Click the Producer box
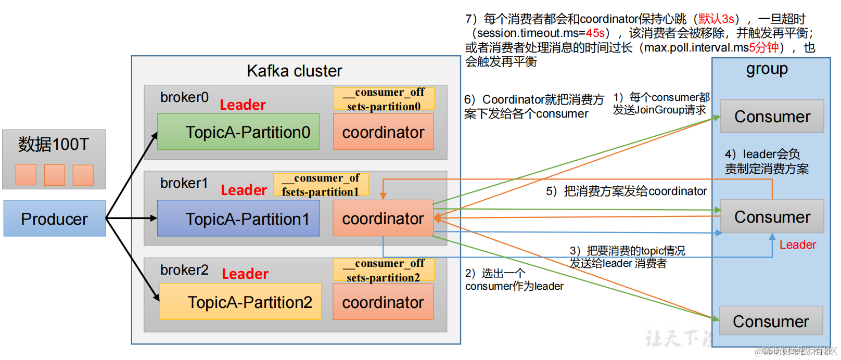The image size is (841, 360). [x=55, y=218]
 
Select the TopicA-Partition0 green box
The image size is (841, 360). [x=238, y=132]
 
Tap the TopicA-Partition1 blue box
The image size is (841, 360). [x=238, y=218]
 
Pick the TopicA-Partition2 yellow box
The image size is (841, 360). [x=240, y=302]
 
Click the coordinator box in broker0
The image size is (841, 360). [x=383, y=132]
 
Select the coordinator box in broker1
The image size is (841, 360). [x=383, y=218]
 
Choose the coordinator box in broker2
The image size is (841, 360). [x=383, y=302]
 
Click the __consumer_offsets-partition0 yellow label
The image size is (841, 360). [x=384, y=99]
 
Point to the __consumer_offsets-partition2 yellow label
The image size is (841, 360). [x=384, y=270]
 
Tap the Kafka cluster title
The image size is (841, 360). [x=294, y=71]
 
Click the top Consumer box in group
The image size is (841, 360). [x=772, y=117]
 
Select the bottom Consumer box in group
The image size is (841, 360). [x=771, y=321]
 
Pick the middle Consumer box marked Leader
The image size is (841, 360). [x=772, y=216]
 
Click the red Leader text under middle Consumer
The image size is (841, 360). [x=797, y=245]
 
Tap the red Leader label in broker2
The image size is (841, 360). [x=245, y=274]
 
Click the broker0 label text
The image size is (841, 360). [x=184, y=97]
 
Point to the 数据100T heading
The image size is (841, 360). [x=54, y=144]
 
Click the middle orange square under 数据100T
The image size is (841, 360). [x=55, y=175]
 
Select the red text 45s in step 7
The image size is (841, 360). [x=595, y=33]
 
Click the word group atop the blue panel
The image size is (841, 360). [x=767, y=69]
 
